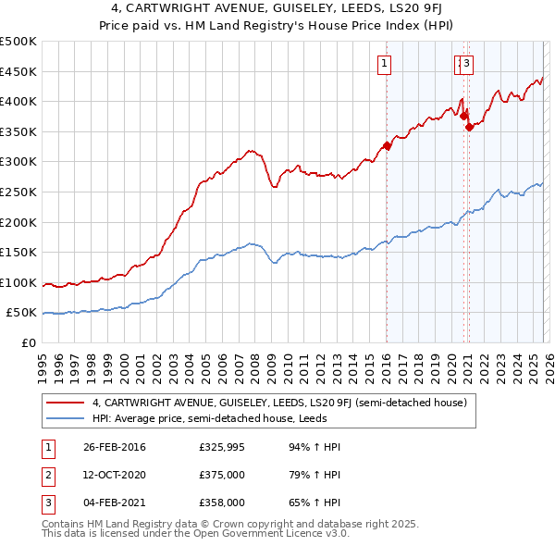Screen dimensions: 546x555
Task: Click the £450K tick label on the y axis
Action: pyautogui.click(x=18, y=71)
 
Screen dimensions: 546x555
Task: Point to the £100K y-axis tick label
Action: pyautogui.click(x=18, y=282)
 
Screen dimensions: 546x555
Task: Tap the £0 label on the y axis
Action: pyautogui.click(x=27, y=342)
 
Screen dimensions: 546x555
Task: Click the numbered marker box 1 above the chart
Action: pyautogui.click(x=384, y=64)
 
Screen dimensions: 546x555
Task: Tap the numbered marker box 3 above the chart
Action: pyautogui.click(x=467, y=64)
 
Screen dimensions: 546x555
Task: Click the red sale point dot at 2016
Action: pyautogui.click(x=387, y=145)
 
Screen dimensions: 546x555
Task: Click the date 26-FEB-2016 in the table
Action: pyautogui.click(x=115, y=447)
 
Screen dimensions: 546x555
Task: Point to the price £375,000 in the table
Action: pyautogui.click(x=222, y=475)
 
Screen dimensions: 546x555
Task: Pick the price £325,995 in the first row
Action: pyautogui.click(x=222, y=447)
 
